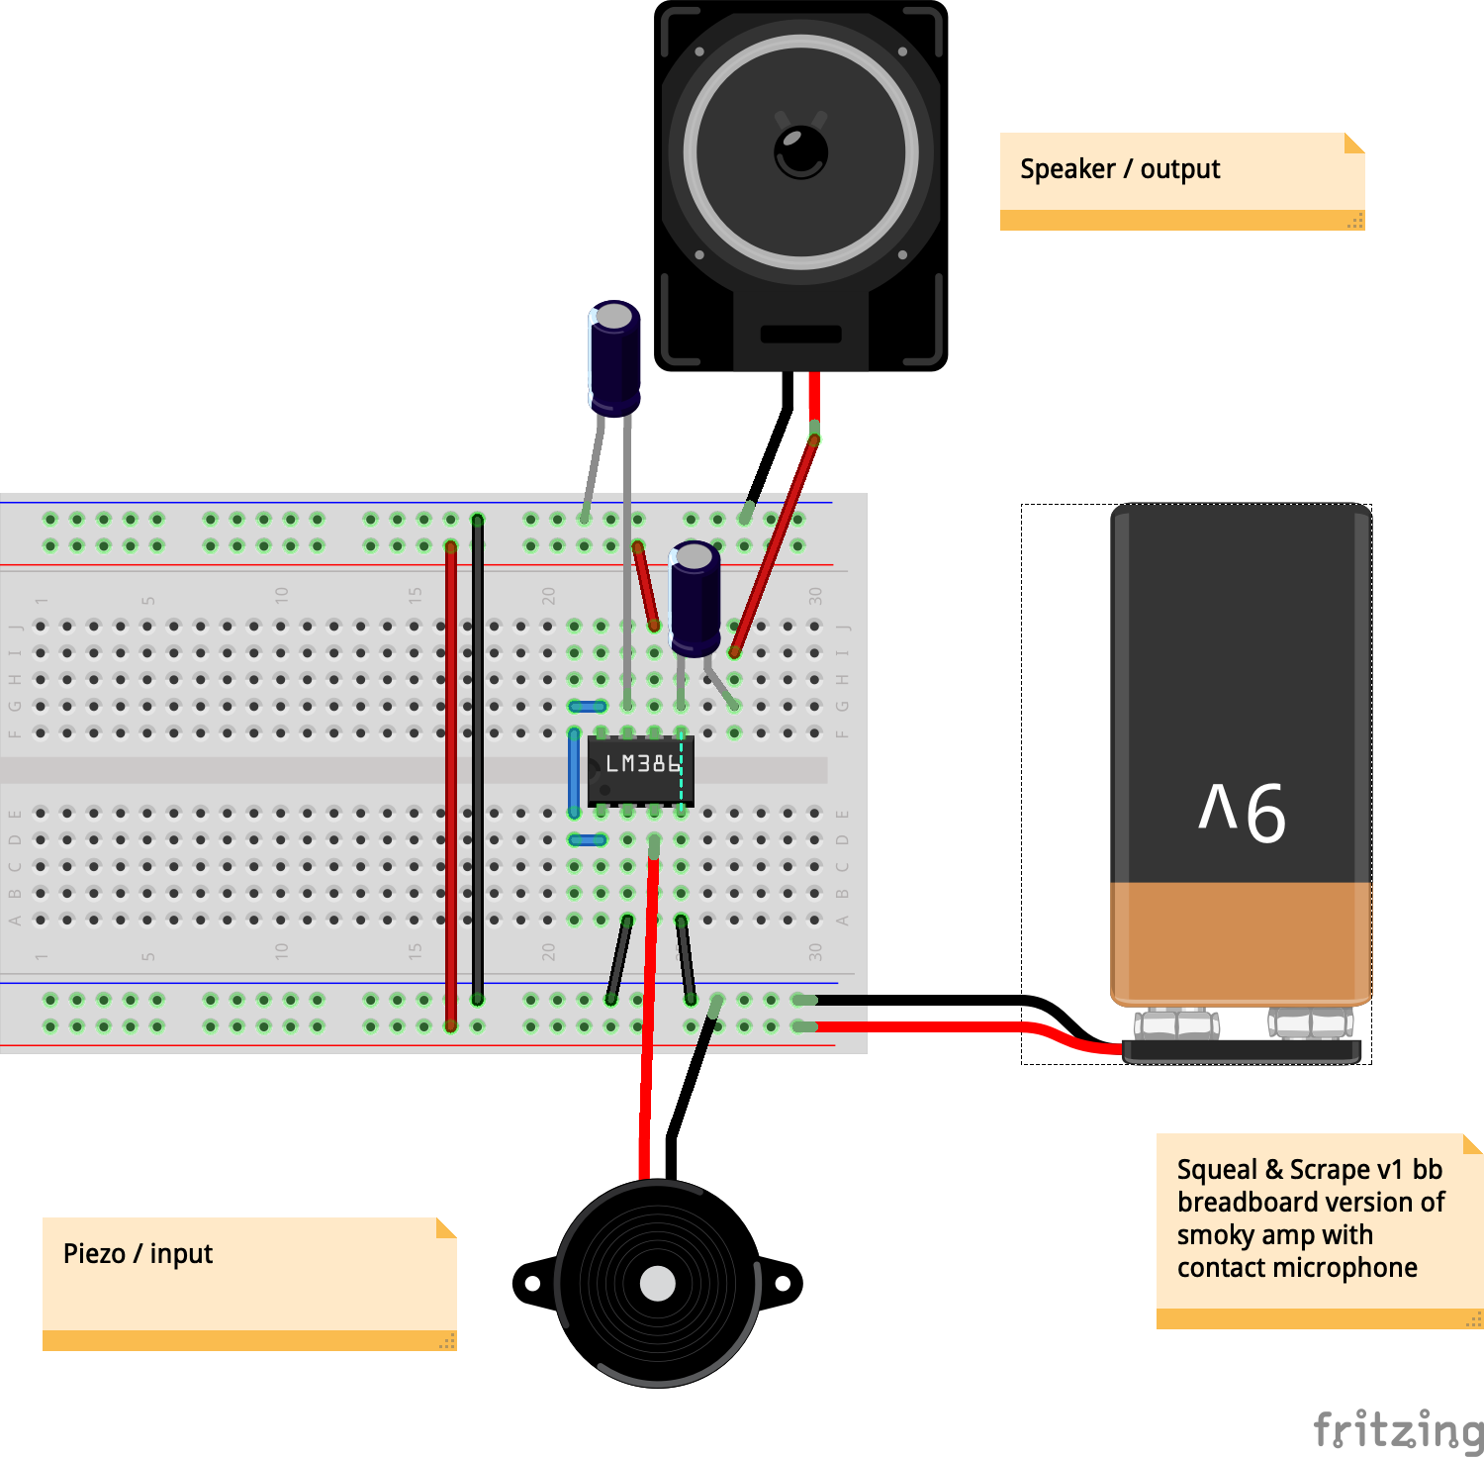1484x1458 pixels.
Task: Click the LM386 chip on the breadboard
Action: (x=641, y=769)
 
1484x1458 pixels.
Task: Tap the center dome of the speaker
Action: (x=800, y=152)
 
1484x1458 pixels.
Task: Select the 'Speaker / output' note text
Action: (x=1120, y=169)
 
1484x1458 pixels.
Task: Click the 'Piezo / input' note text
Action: (x=138, y=1254)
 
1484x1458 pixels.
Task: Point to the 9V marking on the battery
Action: (x=1243, y=812)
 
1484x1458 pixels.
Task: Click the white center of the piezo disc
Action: (x=657, y=1284)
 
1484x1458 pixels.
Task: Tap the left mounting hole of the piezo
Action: (x=532, y=1284)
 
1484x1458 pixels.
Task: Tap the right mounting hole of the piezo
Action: (x=782, y=1284)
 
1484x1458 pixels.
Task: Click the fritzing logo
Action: (x=1397, y=1430)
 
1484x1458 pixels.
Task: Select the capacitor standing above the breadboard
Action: (x=614, y=356)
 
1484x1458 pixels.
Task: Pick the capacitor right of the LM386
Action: (x=696, y=598)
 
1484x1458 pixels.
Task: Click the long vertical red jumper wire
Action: (x=451, y=782)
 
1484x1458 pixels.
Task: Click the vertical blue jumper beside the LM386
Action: (x=574, y=772)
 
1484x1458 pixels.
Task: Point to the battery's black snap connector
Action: (x=1243, y=1051)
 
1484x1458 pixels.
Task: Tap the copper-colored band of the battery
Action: (x=1241, y=940)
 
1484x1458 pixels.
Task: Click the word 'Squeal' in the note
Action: (x=1217, y=1170)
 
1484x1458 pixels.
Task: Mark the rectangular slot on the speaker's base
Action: (x=800, y=335)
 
